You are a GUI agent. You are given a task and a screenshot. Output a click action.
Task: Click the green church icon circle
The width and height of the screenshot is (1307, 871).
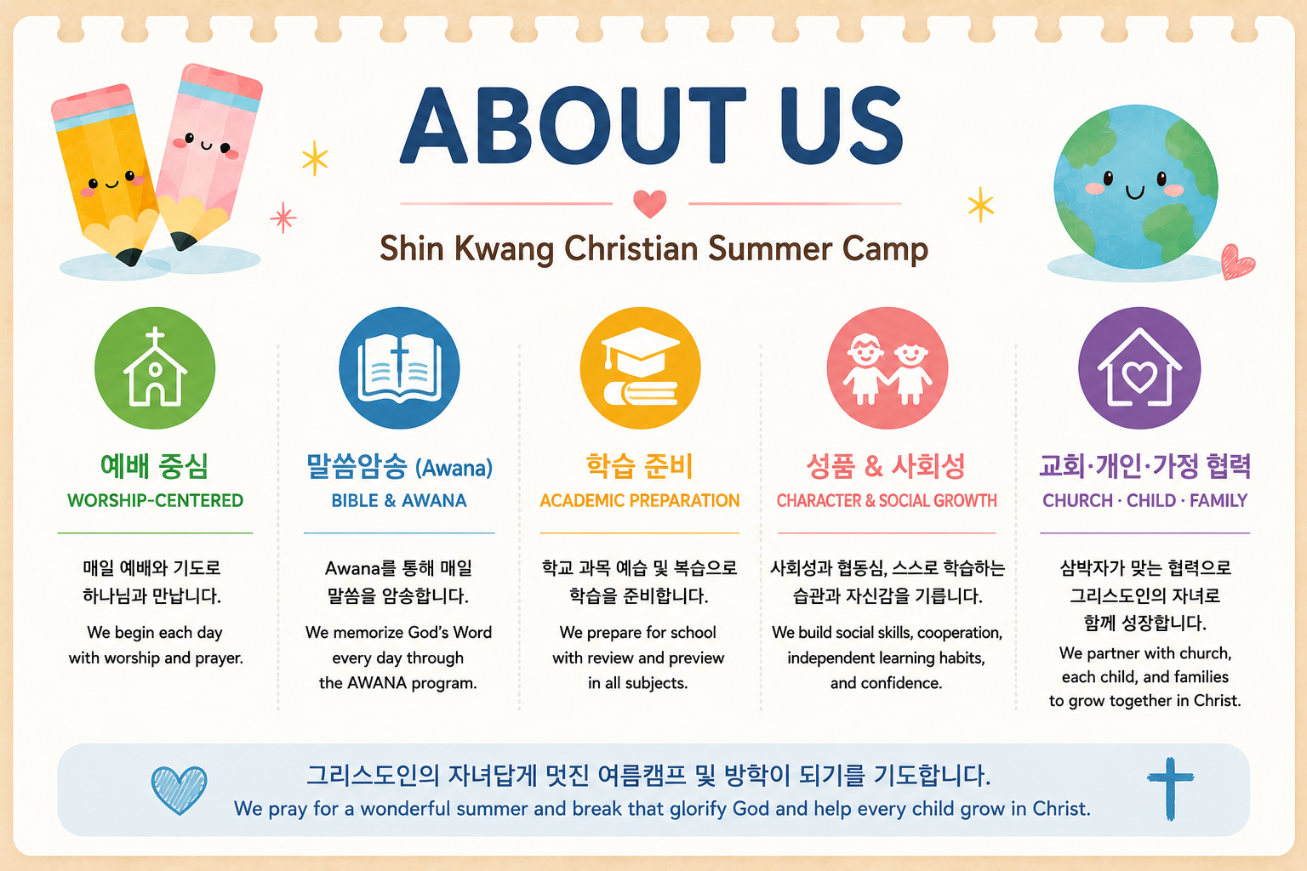coord(155,368)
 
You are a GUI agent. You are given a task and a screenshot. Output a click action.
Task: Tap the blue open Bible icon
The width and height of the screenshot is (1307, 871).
coord(399,368)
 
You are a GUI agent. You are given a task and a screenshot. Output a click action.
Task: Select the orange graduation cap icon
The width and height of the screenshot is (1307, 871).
coord(640,368)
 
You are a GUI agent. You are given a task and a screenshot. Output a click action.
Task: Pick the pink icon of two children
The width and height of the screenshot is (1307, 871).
coord(887,368)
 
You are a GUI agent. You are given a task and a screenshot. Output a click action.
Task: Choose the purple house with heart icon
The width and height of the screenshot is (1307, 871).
coord(1139,368)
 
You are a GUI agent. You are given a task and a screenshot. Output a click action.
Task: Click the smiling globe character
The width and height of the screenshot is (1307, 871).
coord(1135,186)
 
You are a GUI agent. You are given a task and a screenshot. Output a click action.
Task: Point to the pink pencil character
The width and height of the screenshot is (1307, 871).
coord(207,155)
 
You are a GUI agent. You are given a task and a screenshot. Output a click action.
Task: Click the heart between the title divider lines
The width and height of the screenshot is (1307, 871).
coord(650,203)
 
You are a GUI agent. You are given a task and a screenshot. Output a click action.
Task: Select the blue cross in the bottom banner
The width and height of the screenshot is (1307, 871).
coord(1170,788)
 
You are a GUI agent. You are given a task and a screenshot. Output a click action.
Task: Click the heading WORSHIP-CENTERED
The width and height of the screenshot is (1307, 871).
coord(155,500)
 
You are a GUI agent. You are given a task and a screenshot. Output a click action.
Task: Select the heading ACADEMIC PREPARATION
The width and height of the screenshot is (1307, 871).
coord(640,500)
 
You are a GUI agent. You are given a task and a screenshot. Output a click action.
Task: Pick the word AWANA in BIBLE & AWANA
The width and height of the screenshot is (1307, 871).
coord(433,500)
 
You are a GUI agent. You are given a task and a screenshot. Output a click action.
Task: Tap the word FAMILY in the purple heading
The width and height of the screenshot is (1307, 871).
coord(1219,500)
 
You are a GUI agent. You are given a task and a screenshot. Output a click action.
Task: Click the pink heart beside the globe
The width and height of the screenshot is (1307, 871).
coord(1237,262)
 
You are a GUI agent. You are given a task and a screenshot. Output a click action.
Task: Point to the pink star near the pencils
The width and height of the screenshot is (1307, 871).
coord(283,218)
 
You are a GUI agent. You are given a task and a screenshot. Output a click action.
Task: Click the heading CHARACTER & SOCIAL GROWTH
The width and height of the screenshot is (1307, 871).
coord(887,500)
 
